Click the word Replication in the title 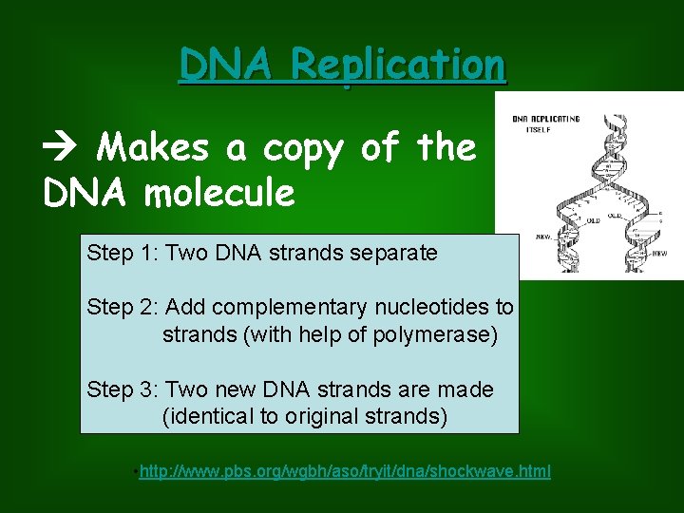click(399, 65)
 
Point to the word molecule click(219, 193)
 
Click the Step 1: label click(123, 253)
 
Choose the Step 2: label click(123, 307)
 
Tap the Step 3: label click(123, 389)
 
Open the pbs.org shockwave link click(344, 472)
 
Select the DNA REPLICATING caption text click(545, 119)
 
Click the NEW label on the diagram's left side click(544, 237)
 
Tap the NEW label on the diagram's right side click(658, 254)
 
